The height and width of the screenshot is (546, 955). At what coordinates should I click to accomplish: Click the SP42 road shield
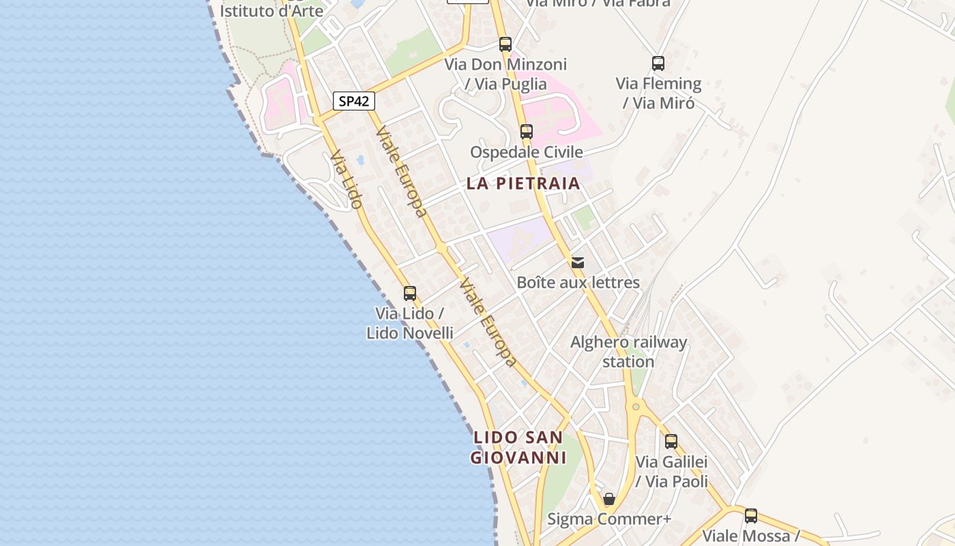click(354, 101)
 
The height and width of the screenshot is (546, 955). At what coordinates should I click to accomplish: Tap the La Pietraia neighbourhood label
click(523, 183)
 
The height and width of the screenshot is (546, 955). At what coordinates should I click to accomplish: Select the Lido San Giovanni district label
click(519, 447)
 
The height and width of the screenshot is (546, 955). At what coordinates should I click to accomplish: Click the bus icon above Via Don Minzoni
click(505, 44)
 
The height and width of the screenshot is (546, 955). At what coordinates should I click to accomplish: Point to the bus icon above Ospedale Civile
click(526, 132)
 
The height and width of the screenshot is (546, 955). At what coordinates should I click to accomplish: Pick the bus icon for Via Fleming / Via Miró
click(658, 63)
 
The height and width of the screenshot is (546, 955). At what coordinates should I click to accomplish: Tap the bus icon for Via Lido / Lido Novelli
click(410, 293)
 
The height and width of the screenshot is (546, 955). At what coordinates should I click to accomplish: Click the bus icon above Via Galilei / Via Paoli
click(671, 442)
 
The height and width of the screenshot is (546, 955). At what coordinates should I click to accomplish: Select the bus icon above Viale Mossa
click(751, 516)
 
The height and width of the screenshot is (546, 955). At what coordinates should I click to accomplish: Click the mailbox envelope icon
click(578, 263)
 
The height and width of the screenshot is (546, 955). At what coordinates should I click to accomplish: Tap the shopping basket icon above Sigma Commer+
click(609, 500)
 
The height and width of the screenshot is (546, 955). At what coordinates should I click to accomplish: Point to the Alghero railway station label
click(628, 351)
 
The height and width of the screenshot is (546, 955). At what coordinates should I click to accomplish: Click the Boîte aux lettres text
click(578, 282)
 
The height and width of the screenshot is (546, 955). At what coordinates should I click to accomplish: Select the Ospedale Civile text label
click(526, 152)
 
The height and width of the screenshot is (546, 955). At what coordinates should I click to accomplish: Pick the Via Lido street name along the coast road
click(346, 179)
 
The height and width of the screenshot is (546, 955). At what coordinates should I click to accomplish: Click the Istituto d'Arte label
click(271, 11)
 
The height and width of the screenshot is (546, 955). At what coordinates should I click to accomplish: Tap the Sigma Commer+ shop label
click(609, 519)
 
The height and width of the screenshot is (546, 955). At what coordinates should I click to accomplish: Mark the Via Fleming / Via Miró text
click(658, 93)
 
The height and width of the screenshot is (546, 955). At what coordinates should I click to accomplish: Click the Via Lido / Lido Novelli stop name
click(410, 323)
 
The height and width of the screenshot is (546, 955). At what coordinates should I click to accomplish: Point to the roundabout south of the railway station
click(636, 407)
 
